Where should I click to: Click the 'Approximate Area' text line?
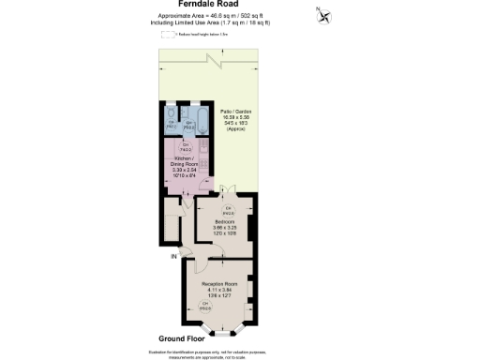coord(239,17)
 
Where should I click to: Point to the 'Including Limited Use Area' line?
coord(239,23)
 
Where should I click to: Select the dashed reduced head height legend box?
coord(169,35)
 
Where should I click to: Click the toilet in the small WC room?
coord(172,115)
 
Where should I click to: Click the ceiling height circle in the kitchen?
coord(187,147)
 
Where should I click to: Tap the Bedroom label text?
coord(227,222)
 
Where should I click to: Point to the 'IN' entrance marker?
coord(172,255)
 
